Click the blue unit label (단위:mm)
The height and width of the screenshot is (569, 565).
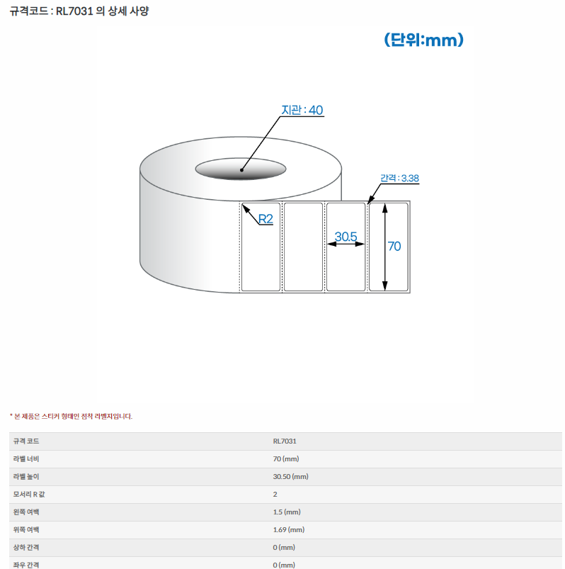[x=423, y=40]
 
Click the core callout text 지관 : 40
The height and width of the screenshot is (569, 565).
[x=302, y=110]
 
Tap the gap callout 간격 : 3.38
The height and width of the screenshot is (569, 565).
[x=399, y=178]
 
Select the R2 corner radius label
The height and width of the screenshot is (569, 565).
[x=266, y=219]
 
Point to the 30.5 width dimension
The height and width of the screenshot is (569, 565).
[x=346, y=237]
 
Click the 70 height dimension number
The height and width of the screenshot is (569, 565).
[x=394, y=247]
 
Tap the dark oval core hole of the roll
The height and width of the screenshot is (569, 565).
[x=241, y=169]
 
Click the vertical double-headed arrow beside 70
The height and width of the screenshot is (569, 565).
[x=384, y=247]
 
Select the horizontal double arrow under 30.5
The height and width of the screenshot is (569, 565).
[x=346, y=244]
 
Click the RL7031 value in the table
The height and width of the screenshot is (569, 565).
[x=285, y=441]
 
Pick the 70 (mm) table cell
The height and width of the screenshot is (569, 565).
[x=286, y=459]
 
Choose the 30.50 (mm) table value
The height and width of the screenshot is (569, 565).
[x=291, y=476]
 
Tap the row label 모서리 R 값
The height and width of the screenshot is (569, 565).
[x=29, y=495]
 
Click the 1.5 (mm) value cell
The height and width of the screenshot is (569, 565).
[x=287, y=512]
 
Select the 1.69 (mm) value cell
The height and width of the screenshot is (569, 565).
[x=289, y=530]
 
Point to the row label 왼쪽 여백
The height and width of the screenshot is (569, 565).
[x=26, y=512]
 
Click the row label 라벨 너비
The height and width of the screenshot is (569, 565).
[x=26, y=459]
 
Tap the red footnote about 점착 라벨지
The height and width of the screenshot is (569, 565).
[x=71, y=416]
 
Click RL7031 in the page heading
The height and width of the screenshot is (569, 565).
[x=74, y=11]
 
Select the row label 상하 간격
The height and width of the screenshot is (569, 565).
[x=26, y=548]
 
